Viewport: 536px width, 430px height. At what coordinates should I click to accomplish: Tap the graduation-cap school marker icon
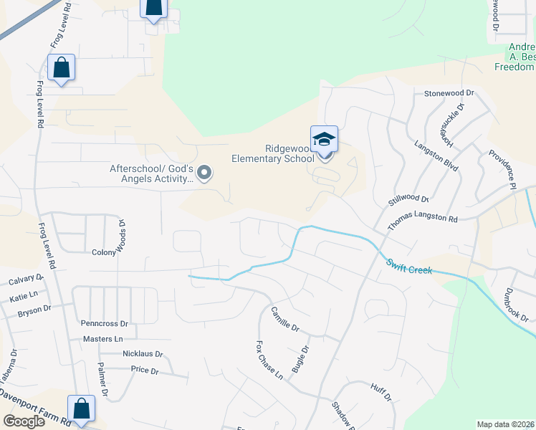click(x=324, y=139)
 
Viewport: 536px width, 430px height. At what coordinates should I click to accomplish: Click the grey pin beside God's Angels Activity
click(x=204, y=172)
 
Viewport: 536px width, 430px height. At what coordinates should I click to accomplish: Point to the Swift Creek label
click(x=409, y=268)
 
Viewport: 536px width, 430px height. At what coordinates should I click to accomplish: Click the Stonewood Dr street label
click(x=449, y=93)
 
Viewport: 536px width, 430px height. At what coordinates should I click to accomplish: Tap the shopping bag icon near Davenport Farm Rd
click(x=81, y=409)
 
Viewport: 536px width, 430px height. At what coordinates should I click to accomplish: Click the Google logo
click(x=24, y=421)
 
